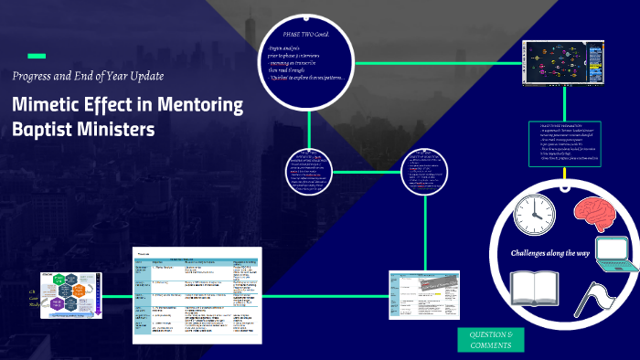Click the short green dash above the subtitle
[x=37, y=55]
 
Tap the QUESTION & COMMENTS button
[x=491, y=340]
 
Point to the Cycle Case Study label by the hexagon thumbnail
[x=33, y=298]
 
